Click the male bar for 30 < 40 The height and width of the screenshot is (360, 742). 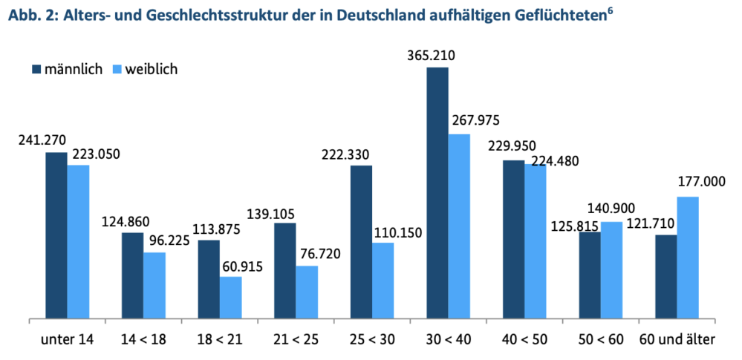click(x=437, y=194)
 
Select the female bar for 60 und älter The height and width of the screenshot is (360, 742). click(x=688, y=258)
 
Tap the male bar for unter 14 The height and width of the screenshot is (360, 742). click(x=56, y=236)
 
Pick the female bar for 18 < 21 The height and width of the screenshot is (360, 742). click(x=230, y=298)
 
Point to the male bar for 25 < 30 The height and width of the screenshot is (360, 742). click(x=361, y=243)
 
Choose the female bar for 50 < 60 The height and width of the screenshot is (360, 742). click(x=611, y=271)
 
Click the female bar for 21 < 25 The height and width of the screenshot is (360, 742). click(x=307, y=292)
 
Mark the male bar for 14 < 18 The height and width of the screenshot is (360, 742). click(x=132, y=276)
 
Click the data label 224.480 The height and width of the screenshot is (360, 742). click(x=553, y=160)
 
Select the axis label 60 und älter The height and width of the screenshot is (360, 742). click(x=677, y=340)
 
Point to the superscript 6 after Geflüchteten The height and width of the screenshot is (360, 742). click(x=610, y=10)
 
